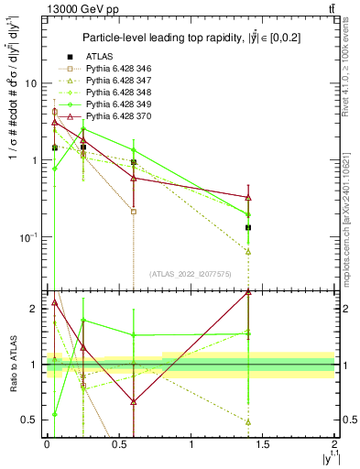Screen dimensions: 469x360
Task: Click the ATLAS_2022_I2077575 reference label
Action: click(x=190, y=273)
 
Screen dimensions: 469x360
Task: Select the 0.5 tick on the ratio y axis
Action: click(x=28, y=420)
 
